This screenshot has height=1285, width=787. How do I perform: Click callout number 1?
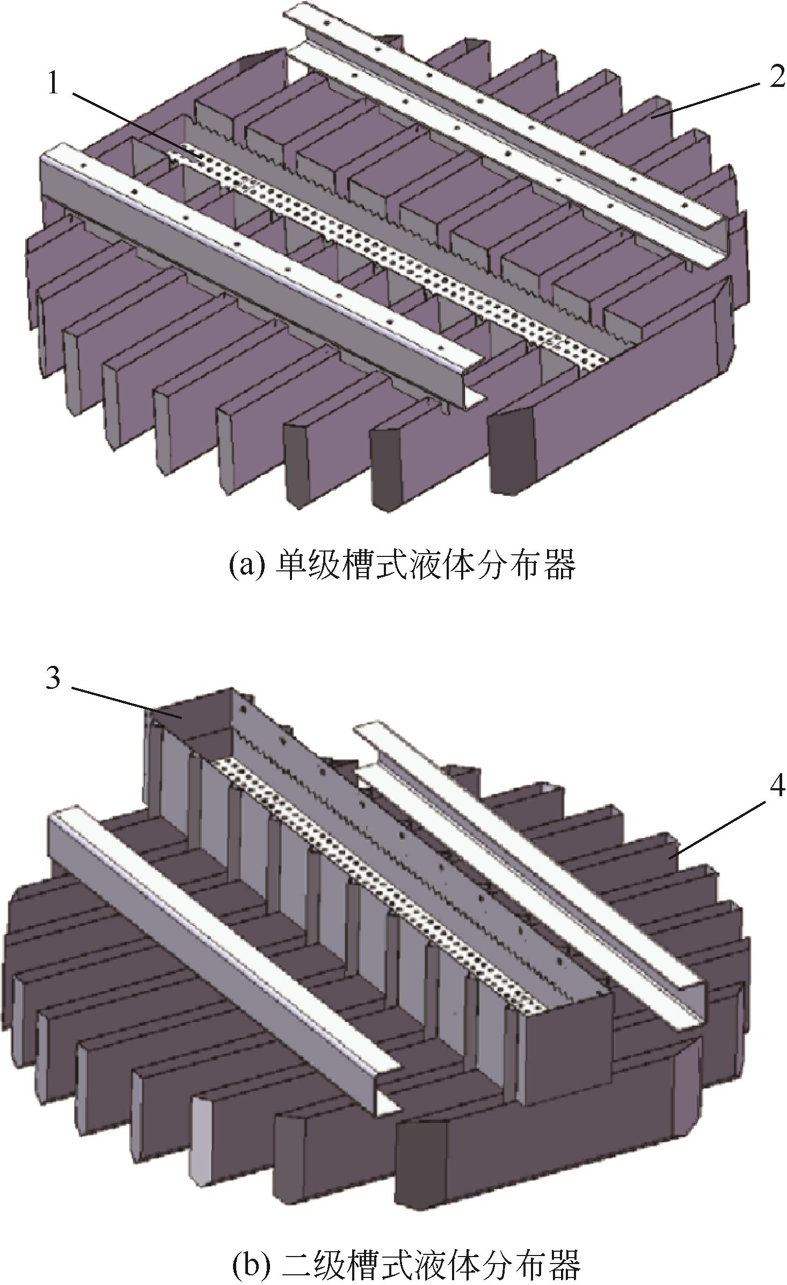(x=53, y=84)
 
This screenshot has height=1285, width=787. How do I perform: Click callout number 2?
(x=776, y=78)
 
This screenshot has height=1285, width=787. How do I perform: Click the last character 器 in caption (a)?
(x=559, y=564)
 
